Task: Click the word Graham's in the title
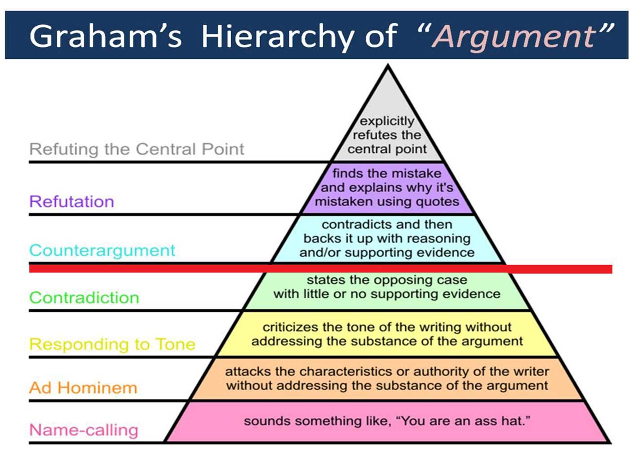(106, 35)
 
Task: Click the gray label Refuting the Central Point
(137, 149)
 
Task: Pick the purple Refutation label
(71, 201)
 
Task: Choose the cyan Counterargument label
(102, 250)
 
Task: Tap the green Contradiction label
(84, 297)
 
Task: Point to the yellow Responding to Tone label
(112, 344)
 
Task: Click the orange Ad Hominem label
(83, 388)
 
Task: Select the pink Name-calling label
(84, 430)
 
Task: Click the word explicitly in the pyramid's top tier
(387, 122)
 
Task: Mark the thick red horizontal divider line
(321, 269)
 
